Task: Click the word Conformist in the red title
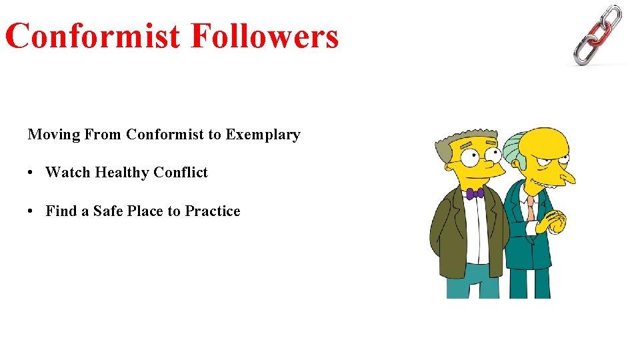point(94,36)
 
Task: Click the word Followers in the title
point(265,36)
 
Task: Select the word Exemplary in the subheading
point(263,135)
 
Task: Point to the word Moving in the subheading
point(54,135)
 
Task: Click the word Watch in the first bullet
point(67,173)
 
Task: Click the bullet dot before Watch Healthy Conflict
point(31,173)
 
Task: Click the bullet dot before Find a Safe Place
point(31,212)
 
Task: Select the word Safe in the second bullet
point(107,211)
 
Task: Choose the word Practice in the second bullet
point(213,211)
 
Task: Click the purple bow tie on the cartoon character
point(475,194)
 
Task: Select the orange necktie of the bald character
point(530,208)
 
